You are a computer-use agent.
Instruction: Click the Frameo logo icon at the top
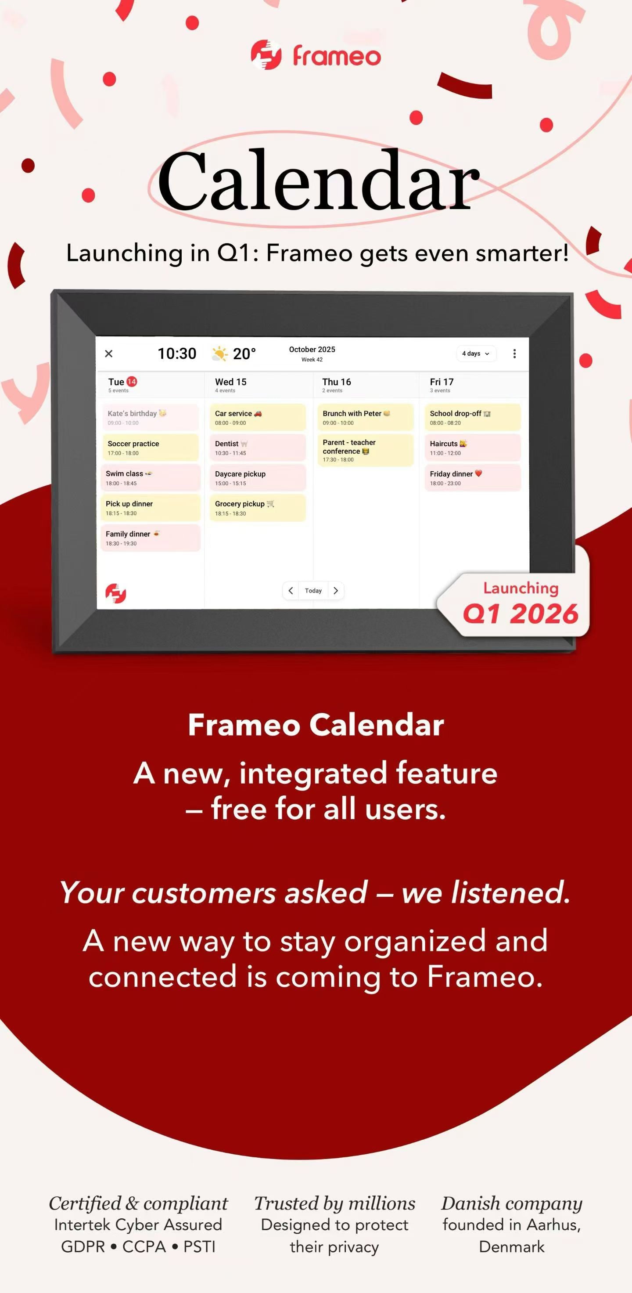click(266, 55)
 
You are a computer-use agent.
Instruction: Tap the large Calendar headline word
click(319, 180)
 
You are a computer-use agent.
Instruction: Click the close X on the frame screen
click(109, 354)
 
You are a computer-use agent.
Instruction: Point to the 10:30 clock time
click(177, 354)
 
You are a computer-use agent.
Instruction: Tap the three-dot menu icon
click(514, 354)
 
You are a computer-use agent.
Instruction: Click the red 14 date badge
click(131, 382)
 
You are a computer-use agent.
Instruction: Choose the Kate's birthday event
click(151, 417)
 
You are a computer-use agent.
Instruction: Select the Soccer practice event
click(151, 447)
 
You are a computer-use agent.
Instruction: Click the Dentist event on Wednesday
click(258, 447)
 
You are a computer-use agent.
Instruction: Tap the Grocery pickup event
click(258, 507)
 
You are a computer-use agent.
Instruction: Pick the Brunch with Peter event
click(366, 417)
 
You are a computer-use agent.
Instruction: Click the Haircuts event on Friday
click(473, 447)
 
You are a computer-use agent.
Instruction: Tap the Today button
click(313, 591)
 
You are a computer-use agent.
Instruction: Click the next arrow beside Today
click(336, 591)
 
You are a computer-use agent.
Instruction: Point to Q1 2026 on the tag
click(521, 614)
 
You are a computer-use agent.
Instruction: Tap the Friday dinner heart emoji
click(478, 473)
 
